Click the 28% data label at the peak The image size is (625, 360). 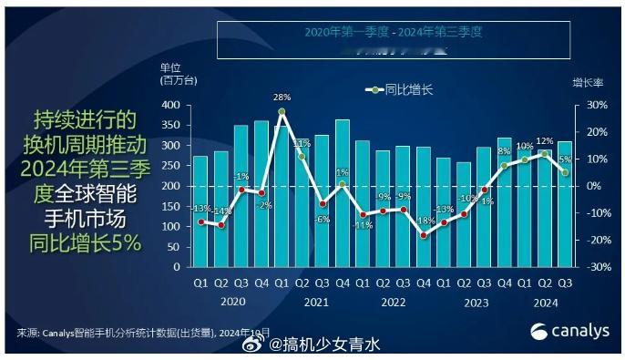(282, 97)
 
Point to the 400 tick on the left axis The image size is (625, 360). (169, 105)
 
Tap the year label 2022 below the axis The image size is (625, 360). (393, 301)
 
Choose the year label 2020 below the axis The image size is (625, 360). (232, 301)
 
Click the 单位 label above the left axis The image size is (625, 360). (170, 67)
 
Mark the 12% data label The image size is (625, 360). (545, 141)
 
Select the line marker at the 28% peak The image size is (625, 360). (282, 111)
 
